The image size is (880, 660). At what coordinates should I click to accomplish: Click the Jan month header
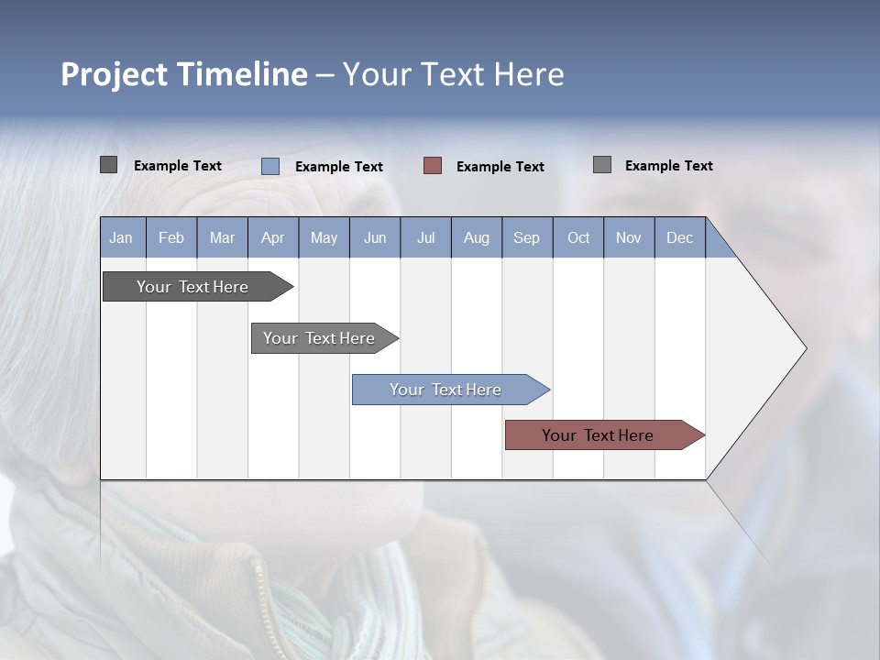tap(121, 237)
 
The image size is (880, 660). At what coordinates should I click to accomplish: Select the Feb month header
tap(171, 237)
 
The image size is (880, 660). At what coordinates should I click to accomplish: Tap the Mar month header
tap(222, 237)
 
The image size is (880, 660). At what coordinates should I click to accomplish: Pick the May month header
tap(324, 237)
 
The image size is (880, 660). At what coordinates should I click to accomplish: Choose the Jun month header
tap(375, 237)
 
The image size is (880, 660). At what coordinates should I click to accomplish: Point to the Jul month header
tap(425, 237)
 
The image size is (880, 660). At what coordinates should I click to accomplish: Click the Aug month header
tap(477, 237)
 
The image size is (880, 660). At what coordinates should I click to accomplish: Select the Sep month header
tap(526, 237)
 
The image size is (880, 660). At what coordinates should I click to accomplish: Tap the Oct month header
tap(578, 237)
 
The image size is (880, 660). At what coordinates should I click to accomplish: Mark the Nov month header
tap(629, 237)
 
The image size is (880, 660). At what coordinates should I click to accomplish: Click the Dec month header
tap(679, 237)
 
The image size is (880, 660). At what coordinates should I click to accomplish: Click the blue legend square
tap(270, 166)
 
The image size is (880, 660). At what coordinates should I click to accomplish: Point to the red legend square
tap(433, 166)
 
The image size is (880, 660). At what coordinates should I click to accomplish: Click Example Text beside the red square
tap(500, 167)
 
